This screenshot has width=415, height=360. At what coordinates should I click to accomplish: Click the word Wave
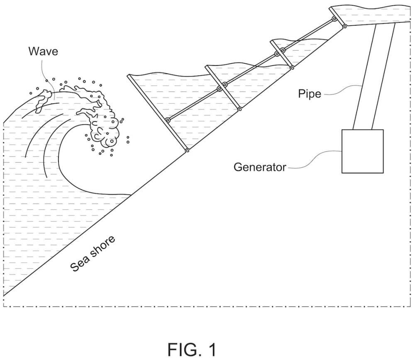(x=43, y=51)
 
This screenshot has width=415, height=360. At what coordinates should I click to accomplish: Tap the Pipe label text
(x=309, y=94)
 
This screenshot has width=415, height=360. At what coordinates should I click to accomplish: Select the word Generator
(x=260, y=167)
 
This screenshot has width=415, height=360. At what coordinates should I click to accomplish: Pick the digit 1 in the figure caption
(x=212, y=349)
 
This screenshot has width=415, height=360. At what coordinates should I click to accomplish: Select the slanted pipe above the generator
(x=373, y=77)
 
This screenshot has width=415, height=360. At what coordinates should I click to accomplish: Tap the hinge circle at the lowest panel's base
(x=187, y=151)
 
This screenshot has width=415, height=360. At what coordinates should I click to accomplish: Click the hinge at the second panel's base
(x=240, y=109)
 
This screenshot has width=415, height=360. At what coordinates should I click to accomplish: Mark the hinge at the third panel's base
(x=292, y=67)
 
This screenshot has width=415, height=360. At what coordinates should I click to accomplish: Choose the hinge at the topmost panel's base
(x=344, y=27)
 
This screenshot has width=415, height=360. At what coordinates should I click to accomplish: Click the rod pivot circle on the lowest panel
(x=168, y=120)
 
